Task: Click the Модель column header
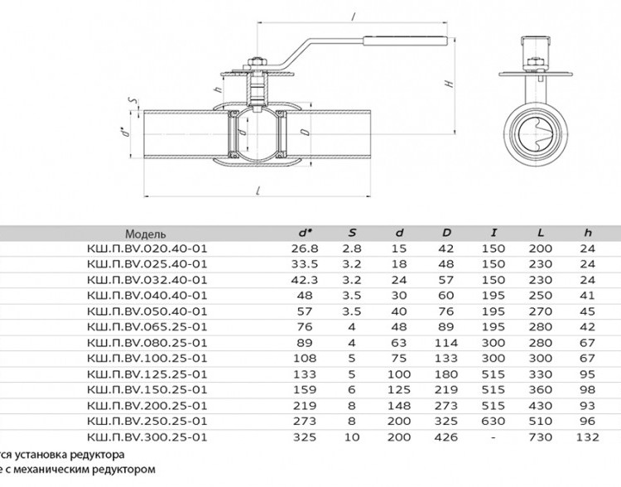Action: pos(146,234)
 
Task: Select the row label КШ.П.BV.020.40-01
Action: pos(147,248)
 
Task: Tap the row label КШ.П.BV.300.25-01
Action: pos(147,437)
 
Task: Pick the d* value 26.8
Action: pos(304,248)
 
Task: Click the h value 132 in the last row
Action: pos(588,437)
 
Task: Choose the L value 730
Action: pos(540,437)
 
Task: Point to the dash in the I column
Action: pos(493,437)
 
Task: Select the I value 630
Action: pos(493,422)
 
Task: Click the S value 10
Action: pos(352,437)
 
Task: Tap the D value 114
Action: pos(446,343)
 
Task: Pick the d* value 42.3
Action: pos(304,280)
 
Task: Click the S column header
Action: pos(352,233)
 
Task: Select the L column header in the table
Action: pos(541,233)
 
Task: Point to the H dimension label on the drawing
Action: pos(449,84)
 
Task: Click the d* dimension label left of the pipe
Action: pos(126,131)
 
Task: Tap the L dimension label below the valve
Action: pos(258,190)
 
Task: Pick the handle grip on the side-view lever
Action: pos(406,41)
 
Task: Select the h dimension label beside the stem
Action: pos(218,89)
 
